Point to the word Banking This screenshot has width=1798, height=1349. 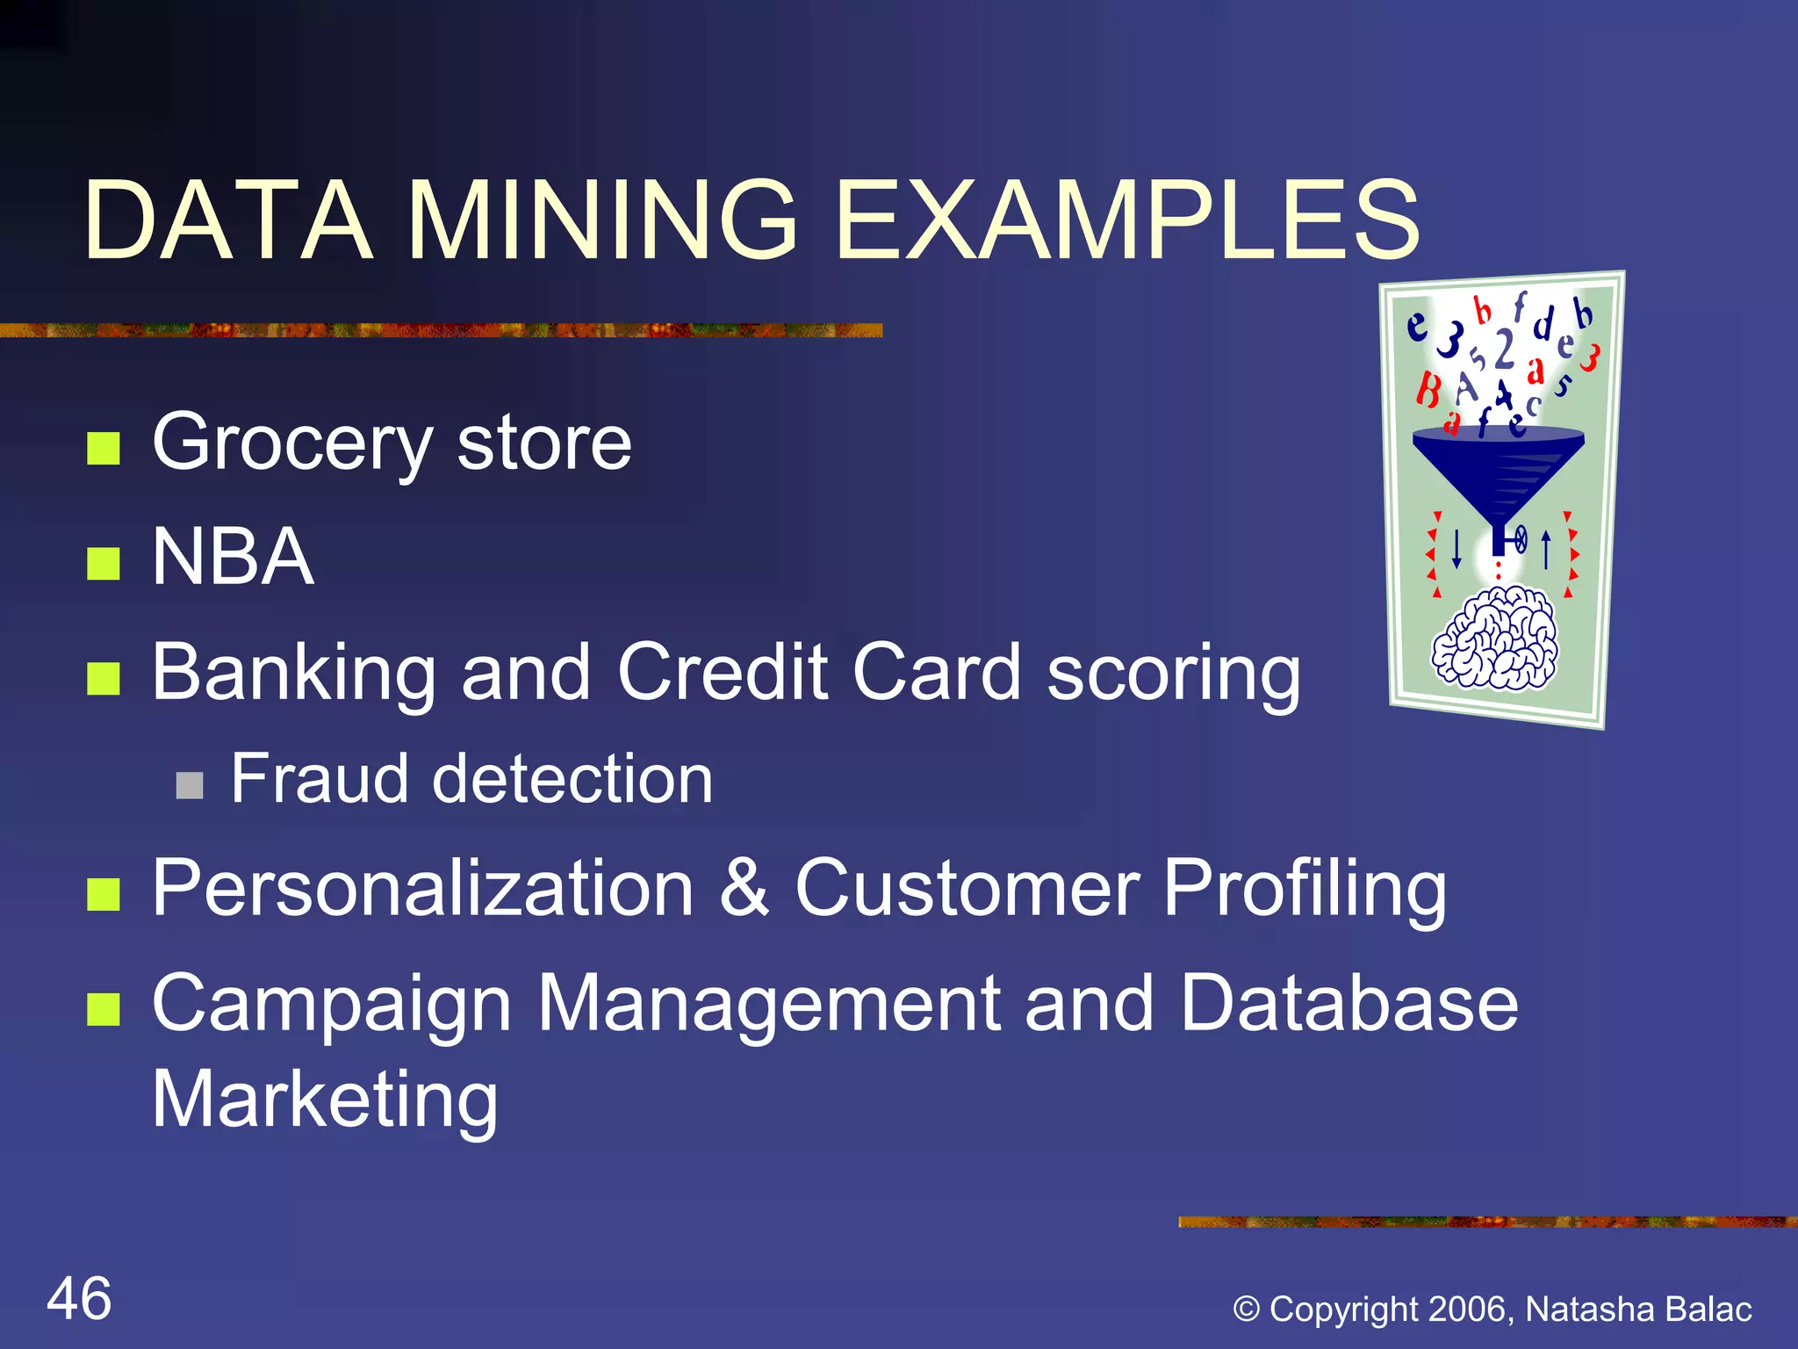coord(293,673)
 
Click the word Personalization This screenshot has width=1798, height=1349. coord(422,889)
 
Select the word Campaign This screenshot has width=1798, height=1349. coord(331,1005)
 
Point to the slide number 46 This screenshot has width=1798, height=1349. coord(79,1299)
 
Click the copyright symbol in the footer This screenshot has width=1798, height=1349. coord(1247,1309)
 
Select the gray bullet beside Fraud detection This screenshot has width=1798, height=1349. coord(190,785)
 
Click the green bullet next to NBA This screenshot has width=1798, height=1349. coord(104,564)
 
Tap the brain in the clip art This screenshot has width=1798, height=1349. coord(1494,638)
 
